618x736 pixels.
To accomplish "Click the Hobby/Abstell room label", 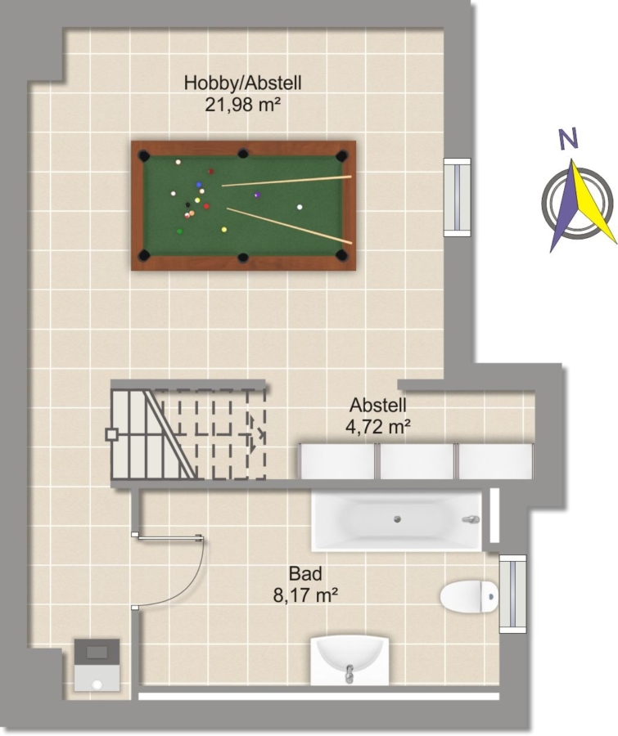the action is pos(242,83).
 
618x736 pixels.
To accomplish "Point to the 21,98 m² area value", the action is pos(242,104).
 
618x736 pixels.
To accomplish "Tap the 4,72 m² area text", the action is pos(378,427).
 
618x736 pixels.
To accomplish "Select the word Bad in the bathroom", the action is pos(305,573).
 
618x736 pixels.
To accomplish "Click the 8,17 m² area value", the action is pos(305,595).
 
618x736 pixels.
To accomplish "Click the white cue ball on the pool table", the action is pos(300,207).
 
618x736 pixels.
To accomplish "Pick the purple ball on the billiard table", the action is pos(257,195).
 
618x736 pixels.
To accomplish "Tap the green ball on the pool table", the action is pos(179,231).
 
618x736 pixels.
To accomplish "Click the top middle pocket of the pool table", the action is pos(242,153).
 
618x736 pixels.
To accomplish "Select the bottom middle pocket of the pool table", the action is pos(242,258).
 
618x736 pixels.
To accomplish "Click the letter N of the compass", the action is pos(568,139).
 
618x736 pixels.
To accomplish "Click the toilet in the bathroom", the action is pos(469,596).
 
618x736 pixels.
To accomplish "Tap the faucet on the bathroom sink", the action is pos(349,674).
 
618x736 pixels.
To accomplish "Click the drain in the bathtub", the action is pos(397,519).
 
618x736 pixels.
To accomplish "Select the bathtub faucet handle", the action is pos(471,519).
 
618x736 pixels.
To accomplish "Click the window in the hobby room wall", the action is pos(458,197).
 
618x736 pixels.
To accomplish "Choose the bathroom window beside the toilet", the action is pos(512,594).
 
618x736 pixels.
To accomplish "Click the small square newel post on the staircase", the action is pos(111,434).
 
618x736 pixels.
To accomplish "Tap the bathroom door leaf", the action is pos(169,536).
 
